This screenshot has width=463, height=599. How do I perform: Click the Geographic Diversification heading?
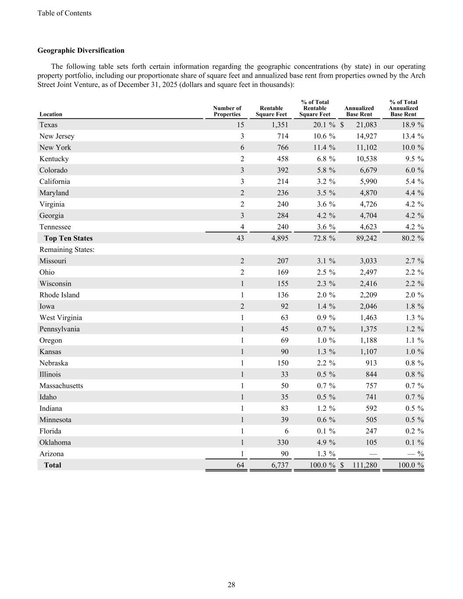[x=81, y=50]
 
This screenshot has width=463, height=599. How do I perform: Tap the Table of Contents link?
[x=65, y=13]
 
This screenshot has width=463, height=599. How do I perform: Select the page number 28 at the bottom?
[x=231, y=585]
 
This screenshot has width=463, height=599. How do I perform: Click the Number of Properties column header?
[x=227, y=111]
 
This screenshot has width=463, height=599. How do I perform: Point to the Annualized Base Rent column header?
[x=359, y=111]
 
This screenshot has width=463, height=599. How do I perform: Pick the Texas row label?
[x=48, y=125]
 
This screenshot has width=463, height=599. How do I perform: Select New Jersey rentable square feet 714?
[x=282, y=136]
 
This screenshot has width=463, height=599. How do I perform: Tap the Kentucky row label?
[x=54, y=159]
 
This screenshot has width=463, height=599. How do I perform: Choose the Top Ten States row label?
[x=68, y=238]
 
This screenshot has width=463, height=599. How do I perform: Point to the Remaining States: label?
[x=67, y=250]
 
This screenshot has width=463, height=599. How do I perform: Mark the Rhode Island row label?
[x=59, y=295]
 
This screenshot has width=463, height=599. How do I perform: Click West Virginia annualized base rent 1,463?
[x=368, y=318]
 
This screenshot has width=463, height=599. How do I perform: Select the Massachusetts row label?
[x=61, y=386]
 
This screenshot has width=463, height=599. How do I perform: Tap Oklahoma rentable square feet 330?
[x=282, y=442]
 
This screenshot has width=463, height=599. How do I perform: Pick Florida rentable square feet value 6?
[x=286, y=431]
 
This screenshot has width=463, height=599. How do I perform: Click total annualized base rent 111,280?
[x=364, y=465]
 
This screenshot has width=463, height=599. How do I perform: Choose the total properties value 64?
[x=240, y=465]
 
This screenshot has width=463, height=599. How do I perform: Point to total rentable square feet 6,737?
[x=280, y=465]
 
